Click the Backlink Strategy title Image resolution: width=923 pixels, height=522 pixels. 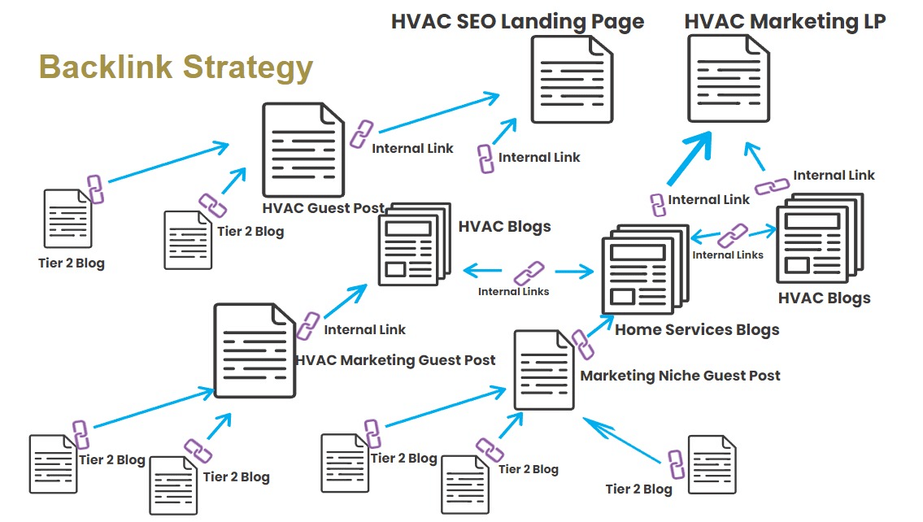(x=176, y=67)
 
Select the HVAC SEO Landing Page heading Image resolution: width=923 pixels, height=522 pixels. (x=517, y=21)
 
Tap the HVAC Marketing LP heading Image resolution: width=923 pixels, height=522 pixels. (x=785, y=21)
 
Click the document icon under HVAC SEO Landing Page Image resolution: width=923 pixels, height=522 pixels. (x=572, y=80)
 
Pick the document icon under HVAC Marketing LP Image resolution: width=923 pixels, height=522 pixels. (x=729, y=80)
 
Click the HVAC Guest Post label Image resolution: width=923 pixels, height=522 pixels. (x=323, y=208)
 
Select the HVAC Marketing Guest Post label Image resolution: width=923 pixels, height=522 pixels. (x=395, y=359)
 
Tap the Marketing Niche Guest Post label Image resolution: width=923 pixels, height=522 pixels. (x=680, y=376)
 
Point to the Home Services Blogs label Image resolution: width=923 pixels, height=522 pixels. (x=697, y=329)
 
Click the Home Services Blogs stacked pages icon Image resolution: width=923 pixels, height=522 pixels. (x=642, y=272)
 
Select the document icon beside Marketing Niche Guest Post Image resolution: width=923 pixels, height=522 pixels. (x=544, y=371)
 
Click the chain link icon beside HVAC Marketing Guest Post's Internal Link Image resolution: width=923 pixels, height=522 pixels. (x=307, y=325)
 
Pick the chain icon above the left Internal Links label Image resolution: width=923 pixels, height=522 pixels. (x=529, y=272)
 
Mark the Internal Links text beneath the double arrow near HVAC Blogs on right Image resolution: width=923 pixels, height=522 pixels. (x=727, y=254)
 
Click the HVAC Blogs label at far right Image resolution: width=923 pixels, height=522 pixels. (x=824, y=298)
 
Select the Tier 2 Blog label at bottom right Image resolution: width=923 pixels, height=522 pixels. (x=639, y=489)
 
